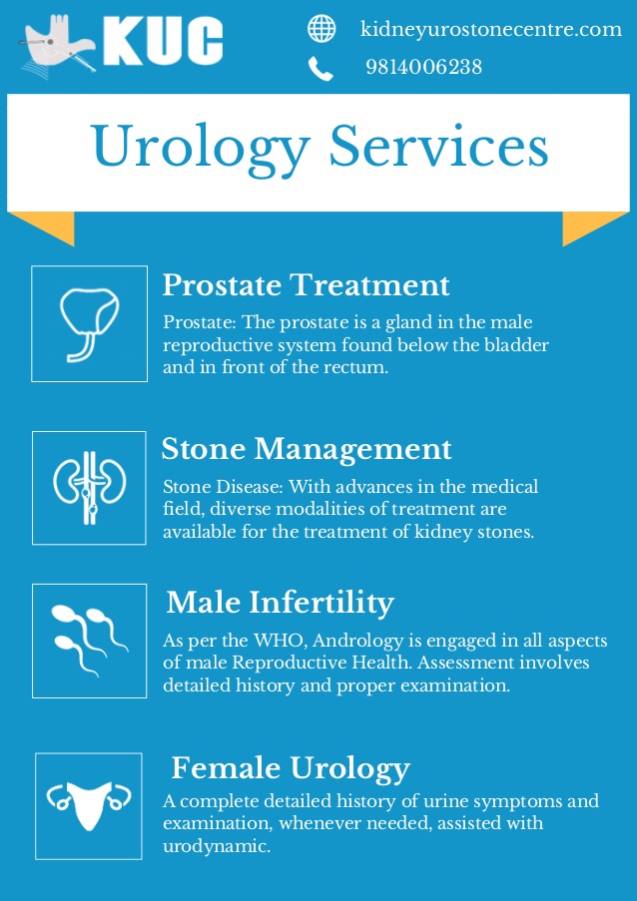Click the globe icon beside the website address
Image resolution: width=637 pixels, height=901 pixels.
(321, 28)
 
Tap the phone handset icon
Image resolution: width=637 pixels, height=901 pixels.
(320, 68)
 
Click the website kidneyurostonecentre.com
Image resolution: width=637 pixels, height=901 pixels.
(491, 29)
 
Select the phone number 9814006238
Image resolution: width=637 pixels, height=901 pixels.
(423, 67)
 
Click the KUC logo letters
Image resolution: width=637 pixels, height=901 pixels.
(164, 41)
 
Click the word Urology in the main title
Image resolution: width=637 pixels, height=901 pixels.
(201, 149)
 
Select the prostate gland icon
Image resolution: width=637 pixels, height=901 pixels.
(89, 324)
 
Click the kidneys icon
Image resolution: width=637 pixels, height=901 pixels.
(89, 488)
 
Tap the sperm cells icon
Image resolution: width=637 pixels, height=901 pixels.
(89, 641)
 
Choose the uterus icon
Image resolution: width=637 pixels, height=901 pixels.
(89, 805)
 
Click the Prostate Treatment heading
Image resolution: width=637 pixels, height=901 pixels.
(306, 285)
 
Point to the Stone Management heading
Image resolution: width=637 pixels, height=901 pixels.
(307, 449)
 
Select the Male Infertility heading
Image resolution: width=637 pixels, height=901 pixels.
(280, 603)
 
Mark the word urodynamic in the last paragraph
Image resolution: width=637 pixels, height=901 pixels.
(217, 846)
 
